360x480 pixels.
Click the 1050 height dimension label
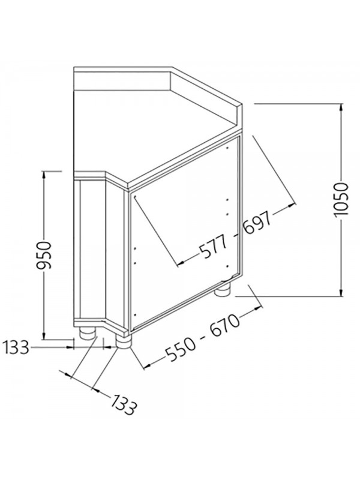tap(341, 200)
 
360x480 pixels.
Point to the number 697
tap(257, 223)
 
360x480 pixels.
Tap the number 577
tap(214, 247)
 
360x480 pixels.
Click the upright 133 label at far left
tap(16, 347)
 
